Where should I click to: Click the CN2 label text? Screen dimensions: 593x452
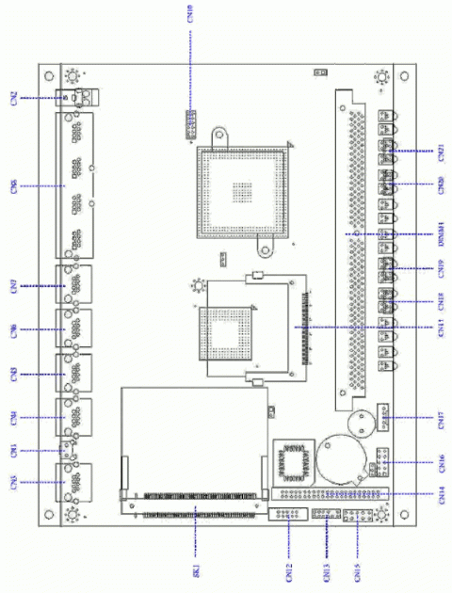pyautogui.click(x=13, y=97)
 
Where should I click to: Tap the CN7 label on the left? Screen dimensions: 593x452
pyautogui.click(x=13, y=284)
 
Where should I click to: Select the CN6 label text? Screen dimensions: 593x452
pyautogui.click(x=13, y=329)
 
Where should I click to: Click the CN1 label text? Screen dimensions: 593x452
pyautogui.click(x=13, y=450)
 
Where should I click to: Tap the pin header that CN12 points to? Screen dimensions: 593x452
pyautogui.click(x=282, y=514)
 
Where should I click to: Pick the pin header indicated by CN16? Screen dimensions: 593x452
pyautogui.click(x=377, y=461)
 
